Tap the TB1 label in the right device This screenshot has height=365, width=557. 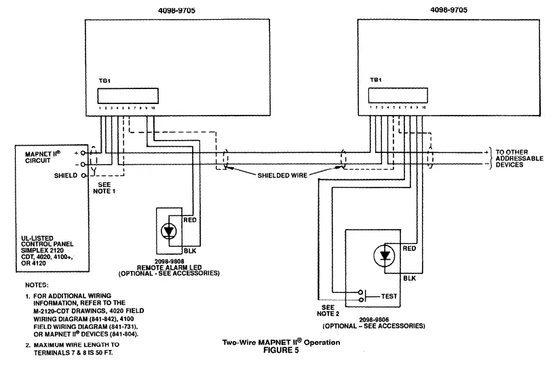coord(375,80)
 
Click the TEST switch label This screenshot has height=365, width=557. coord(389,296)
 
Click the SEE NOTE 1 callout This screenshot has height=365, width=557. coord(104,188)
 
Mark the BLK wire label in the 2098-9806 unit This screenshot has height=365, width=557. coord(410,279)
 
